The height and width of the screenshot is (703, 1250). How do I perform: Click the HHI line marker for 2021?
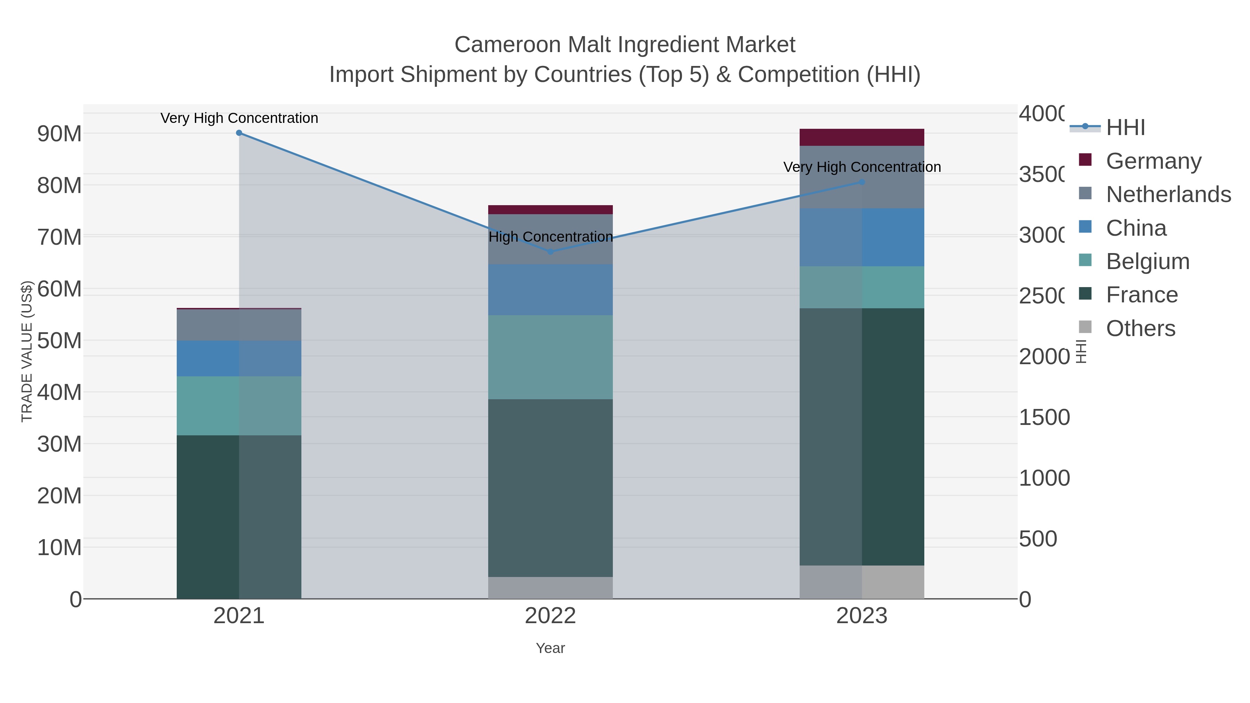tap(239, 133)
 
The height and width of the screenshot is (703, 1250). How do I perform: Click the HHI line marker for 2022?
tap(550, 252)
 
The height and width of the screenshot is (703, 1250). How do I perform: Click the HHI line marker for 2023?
tap(862, 182)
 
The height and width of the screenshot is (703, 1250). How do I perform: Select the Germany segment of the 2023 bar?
tap(862, 137)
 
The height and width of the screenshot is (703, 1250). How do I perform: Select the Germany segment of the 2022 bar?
tap(550, 210)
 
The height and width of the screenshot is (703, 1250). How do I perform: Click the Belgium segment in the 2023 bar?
tap(862, 287)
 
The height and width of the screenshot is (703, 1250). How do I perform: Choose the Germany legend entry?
tap(1153, 161)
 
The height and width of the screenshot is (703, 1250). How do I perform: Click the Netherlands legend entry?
tap(1168, 194)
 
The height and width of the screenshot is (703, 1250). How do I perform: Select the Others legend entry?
tap(1140, 328)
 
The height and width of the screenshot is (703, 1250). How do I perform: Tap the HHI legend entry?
tap(1125, 128)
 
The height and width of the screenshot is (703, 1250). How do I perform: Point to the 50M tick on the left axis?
tap(59, 341)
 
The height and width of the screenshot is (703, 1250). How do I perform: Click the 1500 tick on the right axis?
tap(1044, 417)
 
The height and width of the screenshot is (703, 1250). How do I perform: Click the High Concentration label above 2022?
tap(550, 237)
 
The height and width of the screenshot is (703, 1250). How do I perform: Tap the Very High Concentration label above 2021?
tap(239, 118)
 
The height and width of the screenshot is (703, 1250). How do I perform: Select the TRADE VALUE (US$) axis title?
tap(27, 351)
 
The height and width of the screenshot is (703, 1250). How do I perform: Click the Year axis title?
tap(550, 648)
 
